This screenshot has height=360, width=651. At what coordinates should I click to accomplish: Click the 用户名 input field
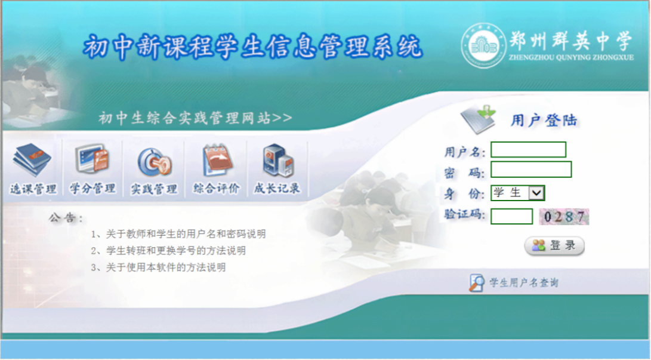click(528, 149)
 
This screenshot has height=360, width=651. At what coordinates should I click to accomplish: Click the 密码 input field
click(531, 170)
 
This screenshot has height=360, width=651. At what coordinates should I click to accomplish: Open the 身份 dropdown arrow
click(536, 193)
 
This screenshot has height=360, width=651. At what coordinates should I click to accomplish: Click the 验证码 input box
click(511, 216)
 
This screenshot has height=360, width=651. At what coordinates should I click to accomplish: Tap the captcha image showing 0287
click(564, 216)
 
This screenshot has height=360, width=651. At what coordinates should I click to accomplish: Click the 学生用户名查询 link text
click(524, 283)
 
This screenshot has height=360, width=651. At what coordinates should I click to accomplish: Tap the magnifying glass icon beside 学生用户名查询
click(476, 283)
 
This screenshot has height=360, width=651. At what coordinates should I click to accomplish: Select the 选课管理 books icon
click(32, 159)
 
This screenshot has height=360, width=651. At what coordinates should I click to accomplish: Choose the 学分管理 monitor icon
click(92, 159)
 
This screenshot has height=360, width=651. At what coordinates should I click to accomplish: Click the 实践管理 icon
click(155, 162)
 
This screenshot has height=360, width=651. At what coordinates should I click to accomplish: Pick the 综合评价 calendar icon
click(217, 160)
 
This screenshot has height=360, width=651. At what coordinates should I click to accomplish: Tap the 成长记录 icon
click(277, 160)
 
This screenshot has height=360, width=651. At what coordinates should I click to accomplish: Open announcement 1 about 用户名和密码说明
click(178, 234)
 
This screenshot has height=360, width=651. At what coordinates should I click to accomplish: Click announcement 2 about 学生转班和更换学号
click(168, 251)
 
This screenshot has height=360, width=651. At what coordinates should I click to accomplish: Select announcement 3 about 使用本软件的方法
click(158, 267)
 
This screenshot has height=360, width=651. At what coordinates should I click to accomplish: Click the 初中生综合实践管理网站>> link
click(195, 118)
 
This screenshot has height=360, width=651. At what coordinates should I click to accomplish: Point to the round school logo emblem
click(483, 46)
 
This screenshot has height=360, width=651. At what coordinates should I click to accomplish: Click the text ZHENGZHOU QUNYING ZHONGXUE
click(571, 57)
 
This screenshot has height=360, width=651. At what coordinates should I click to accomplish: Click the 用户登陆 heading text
click(544, 121)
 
